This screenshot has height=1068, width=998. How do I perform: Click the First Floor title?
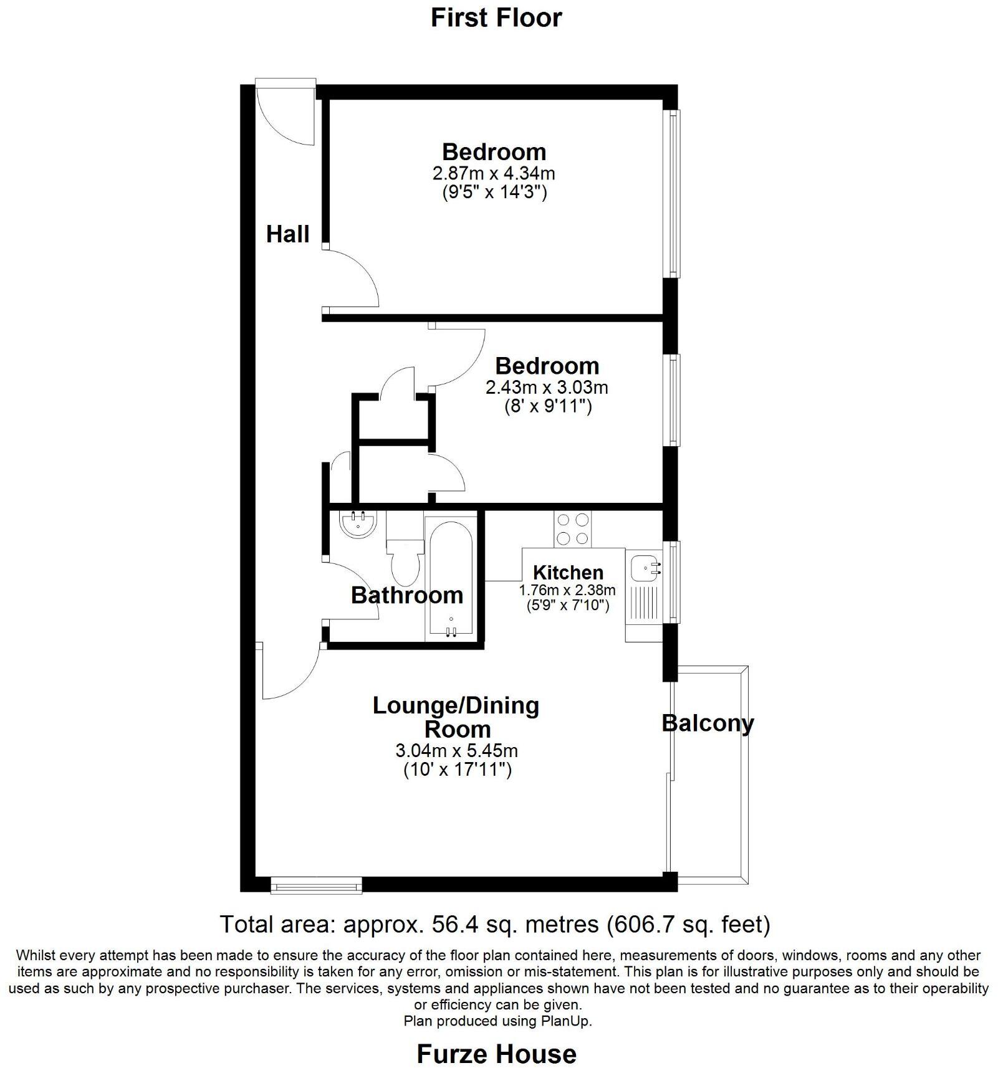tap(496, 17)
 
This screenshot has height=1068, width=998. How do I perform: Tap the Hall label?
tap(287, 234)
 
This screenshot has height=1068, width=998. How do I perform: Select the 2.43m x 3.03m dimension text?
tap(547, 388)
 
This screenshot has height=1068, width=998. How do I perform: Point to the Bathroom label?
tap(406, 595)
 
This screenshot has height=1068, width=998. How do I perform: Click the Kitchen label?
tap(568, 572)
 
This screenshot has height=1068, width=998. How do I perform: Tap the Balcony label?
tap(708, 723)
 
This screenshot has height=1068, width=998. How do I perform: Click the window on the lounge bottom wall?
tap(316, 885)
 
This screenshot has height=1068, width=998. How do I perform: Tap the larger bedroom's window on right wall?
tap(673, 194)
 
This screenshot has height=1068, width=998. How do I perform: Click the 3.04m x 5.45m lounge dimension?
tap(456, 750)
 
